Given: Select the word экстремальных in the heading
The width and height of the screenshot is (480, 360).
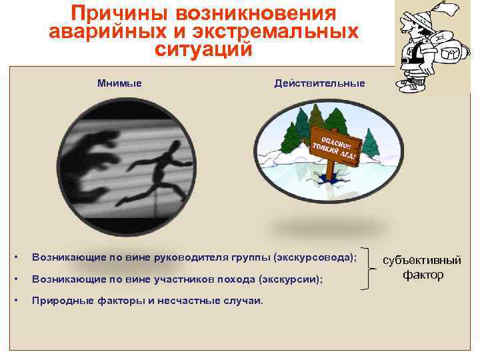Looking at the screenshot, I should (291, 31).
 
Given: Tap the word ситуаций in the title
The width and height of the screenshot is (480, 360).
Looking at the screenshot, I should (204, 49).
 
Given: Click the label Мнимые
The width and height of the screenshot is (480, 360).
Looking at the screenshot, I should (119, 83).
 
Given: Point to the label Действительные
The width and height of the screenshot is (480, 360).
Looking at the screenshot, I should (319, 83).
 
